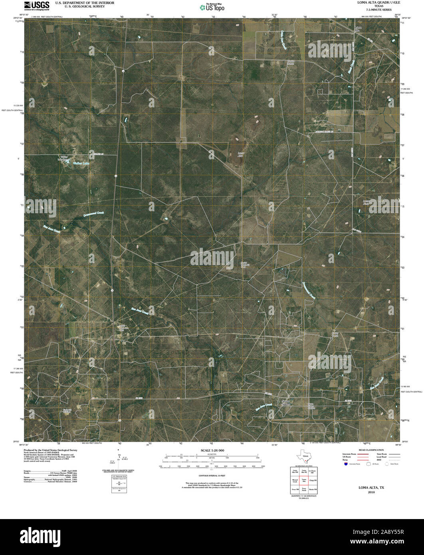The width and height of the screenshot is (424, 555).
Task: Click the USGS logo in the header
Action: click(37, 5)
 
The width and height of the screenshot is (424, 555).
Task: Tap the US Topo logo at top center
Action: click(212, 7)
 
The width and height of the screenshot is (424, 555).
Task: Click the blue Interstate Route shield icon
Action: click(345, 464)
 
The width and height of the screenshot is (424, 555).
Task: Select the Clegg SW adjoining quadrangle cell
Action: click(313, 480)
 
